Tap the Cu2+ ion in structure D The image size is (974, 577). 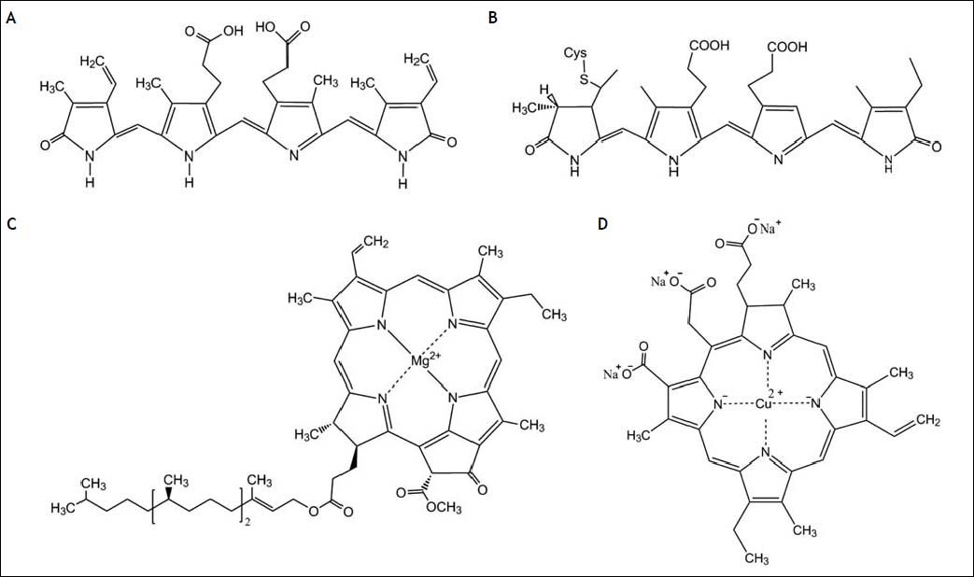(x=766, y=404)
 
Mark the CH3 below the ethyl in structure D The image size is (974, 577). (x=755, y=560)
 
